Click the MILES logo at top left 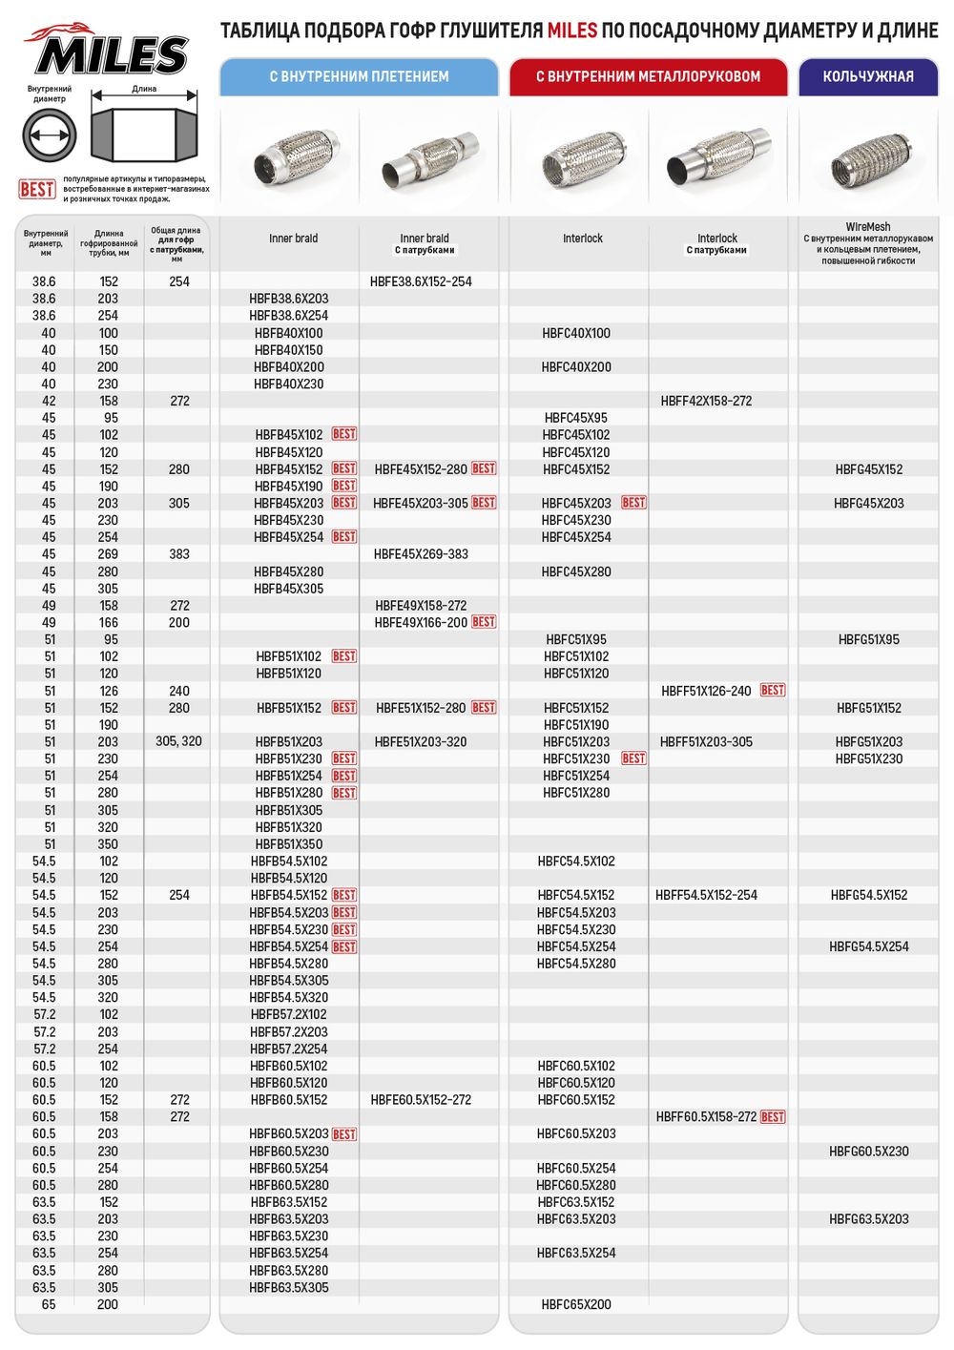coord(107,52)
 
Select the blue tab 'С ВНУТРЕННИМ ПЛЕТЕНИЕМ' coord(359,76)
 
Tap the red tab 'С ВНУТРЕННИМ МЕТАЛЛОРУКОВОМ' coord(648,76)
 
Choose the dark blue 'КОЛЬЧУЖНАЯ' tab coord(868,76)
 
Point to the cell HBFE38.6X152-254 coord(421,281)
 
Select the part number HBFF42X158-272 coord(706,401)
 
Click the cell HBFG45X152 coord(868,469)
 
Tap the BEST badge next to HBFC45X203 coord(633,503)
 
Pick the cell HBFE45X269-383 coord(421,554)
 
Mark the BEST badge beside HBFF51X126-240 coord(773,690)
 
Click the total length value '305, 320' coord(178,741)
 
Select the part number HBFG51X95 coord(868,639)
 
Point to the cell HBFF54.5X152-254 coord(706,895)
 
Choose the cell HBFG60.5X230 coord(868,1152)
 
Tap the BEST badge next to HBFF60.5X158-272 coord(773,1116)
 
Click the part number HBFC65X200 coord(576,1304)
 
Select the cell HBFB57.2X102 coord(288,1015)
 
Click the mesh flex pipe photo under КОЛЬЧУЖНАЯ coord(868,160)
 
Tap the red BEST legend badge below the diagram coord(37,189)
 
